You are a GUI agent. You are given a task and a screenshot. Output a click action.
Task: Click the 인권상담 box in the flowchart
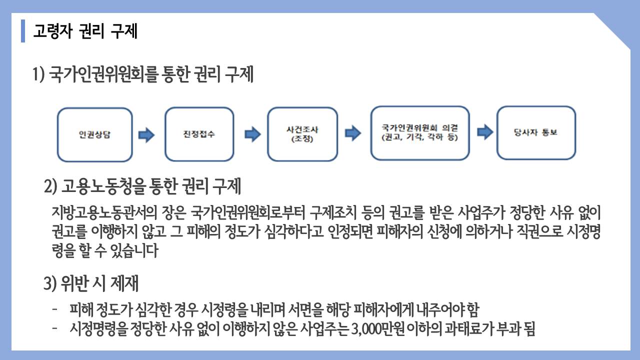tap(95, 134)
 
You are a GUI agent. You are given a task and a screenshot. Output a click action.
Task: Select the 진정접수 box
tap(199, 134)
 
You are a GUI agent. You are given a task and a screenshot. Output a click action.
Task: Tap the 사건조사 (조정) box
tap(302, 134)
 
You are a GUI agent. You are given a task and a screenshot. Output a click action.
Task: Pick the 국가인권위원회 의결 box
tap(420, 133)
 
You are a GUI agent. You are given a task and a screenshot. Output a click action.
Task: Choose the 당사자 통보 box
tap(536, 132)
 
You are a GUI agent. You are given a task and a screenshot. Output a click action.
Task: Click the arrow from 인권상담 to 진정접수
tap(146, 135)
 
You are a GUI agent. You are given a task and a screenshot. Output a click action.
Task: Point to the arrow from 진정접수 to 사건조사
tap(253, 134)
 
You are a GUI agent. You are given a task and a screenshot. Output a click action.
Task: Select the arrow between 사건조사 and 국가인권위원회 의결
tap(353, 133)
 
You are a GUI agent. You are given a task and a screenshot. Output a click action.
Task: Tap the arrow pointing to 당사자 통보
tap(485, 132)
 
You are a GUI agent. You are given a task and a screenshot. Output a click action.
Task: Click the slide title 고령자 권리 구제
tap(85, 31)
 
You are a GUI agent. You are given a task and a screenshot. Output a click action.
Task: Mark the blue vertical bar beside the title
tap(23, 31)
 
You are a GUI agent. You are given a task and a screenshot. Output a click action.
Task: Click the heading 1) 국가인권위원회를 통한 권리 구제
tap(143, 74)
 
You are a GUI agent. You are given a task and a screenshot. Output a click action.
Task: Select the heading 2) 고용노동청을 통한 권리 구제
tap(142, 186)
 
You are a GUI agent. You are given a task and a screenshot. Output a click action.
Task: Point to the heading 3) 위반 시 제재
tap(91, 283)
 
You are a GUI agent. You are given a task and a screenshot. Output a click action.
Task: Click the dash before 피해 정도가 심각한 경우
tap(55, 309)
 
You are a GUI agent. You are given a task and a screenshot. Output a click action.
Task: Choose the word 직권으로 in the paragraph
tap(539, 231)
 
